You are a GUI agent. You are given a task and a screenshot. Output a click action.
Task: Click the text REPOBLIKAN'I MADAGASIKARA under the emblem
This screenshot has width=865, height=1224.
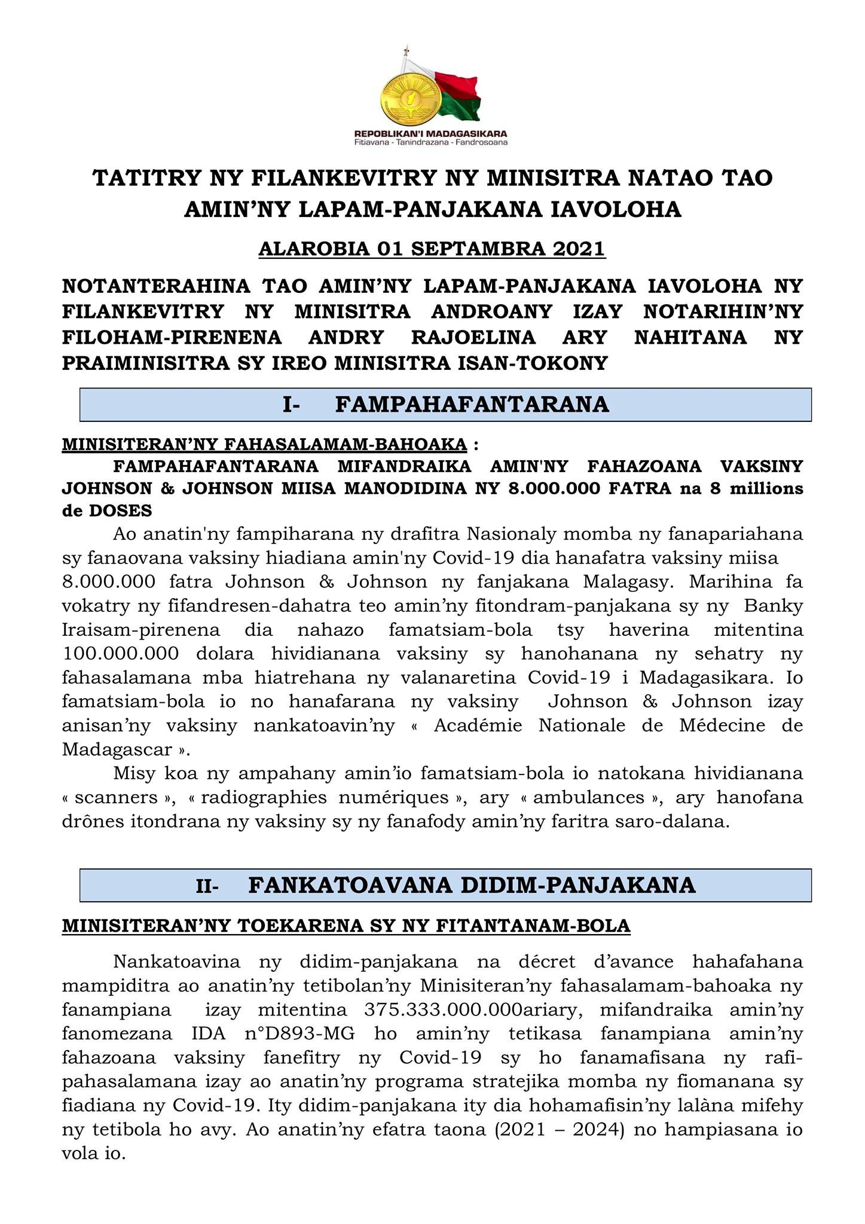[430, 134]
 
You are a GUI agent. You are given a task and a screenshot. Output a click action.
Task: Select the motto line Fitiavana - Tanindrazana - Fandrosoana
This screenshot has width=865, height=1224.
[430, 143]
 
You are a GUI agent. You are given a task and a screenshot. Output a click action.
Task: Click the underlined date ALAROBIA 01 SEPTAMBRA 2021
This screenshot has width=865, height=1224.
[432, 249]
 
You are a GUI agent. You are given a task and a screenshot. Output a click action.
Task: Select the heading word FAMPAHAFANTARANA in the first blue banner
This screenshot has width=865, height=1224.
[472, 405]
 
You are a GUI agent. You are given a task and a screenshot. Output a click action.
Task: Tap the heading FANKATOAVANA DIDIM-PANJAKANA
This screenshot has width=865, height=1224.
[472, 885]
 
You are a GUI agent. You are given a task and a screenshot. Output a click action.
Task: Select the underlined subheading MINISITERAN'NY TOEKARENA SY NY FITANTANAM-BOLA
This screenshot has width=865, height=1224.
[346, 926]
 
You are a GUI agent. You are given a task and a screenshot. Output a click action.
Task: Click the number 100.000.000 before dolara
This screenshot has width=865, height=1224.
[120, 653]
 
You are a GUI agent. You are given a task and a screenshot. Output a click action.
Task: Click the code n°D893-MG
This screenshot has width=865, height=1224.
[307, 1034]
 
